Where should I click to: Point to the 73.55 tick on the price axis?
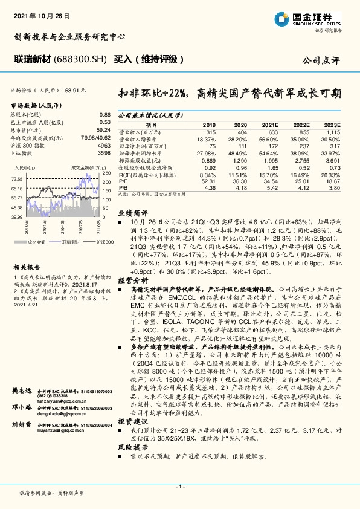coord(17,180)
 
